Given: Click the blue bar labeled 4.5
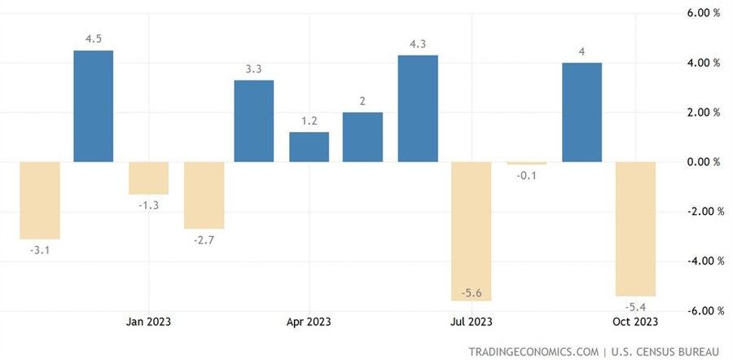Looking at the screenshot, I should click(94, 106).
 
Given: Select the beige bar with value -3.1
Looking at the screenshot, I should click(40, 200).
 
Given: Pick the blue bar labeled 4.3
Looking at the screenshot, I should click(418, 108).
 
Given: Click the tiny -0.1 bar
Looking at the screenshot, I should click(527, 164).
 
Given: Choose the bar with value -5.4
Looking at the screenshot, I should click(636, 229).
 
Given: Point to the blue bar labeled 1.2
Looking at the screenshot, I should click(309, 147).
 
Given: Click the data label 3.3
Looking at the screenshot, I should click(254, 69).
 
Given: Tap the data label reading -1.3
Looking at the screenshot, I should click(148, 205).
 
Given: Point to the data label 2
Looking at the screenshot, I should click(363, 101).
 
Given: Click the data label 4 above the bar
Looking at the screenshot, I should click(582, 52).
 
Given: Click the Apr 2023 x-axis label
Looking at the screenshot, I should click(309, 321).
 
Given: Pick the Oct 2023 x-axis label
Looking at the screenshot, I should click(634, 321).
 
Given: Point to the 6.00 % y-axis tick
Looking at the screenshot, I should click(704, 13).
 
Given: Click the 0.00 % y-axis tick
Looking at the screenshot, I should click(704, 162).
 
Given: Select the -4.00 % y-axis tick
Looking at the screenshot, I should click(703, 261).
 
